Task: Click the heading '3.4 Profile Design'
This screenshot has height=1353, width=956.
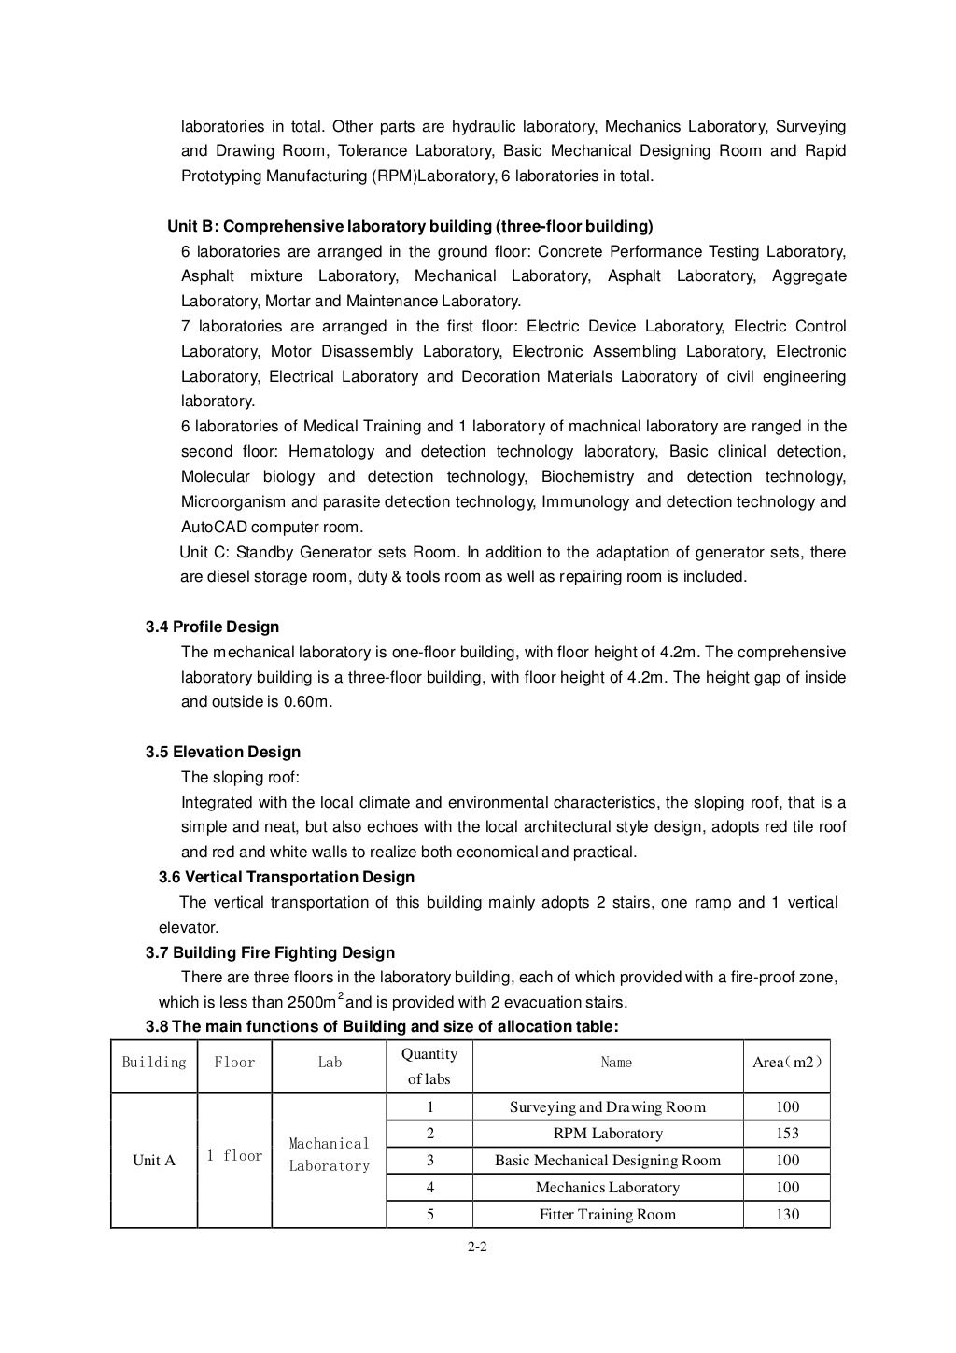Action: click(212, 627)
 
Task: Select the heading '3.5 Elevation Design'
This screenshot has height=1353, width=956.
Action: click(222, 752)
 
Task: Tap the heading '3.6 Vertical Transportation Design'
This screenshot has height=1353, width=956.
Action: click(287, 877)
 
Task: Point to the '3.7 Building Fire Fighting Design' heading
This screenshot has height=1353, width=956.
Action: click(270, 952)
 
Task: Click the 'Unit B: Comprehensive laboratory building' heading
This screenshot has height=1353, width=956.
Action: click(410, 226)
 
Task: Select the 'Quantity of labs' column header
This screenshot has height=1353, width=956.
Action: click(429, 1066)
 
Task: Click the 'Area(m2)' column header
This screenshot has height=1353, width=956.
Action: click(787, 1063)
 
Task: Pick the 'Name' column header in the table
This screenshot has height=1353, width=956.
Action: click(616, 1063)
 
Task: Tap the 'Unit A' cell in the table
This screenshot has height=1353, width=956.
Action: click(154, 1161)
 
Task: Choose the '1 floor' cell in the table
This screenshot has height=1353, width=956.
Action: click(234, 1156)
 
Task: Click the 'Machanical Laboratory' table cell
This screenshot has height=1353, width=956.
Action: click(329, 1155)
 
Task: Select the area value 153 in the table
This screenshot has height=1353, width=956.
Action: click(787, 1134)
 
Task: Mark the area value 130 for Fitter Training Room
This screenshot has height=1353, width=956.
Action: click(787, 1215)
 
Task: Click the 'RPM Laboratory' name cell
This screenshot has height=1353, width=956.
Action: click(608, 1134)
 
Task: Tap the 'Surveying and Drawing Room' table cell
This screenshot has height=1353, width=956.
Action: click(608, 1107)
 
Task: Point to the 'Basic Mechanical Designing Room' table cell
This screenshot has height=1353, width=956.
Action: click(608, 1161)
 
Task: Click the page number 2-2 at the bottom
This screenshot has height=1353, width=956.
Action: click(477, 1246)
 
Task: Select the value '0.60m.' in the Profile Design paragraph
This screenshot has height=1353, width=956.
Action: click(307, 702)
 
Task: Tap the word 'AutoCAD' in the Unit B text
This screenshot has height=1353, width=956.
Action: click(212, 527)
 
